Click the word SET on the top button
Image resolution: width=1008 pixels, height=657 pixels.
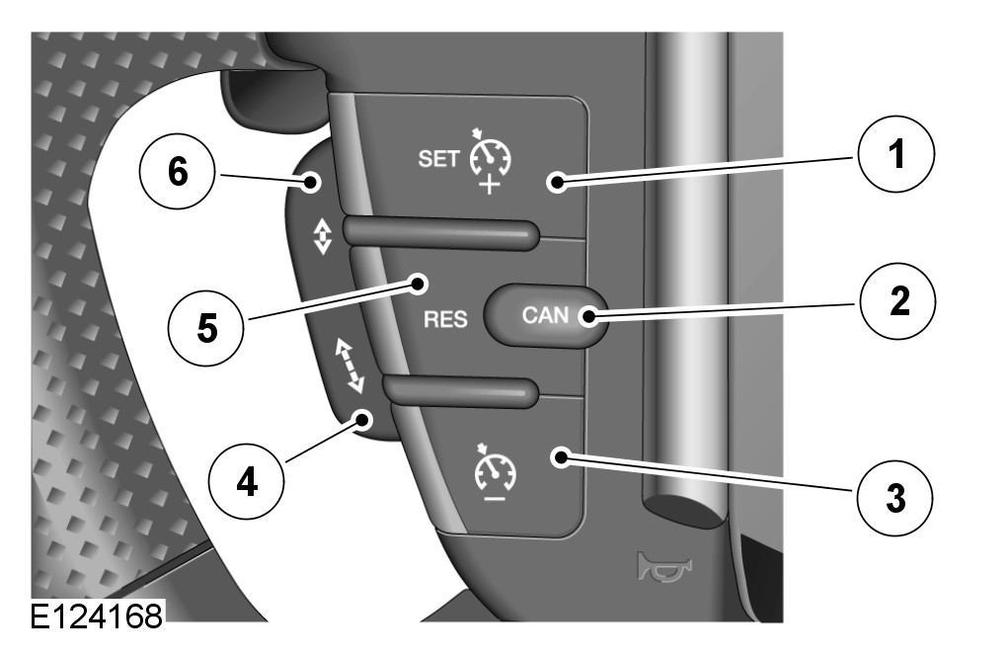click(x=438, y=161)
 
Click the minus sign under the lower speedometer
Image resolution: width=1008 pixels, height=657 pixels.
click(x=492, y=497)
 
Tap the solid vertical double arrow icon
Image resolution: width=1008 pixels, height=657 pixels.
click(x=317, y=238)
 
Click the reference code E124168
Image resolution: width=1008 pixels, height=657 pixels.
click(x=96, y=617)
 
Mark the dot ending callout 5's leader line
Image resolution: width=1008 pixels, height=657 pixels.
click(x=419, y=286)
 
